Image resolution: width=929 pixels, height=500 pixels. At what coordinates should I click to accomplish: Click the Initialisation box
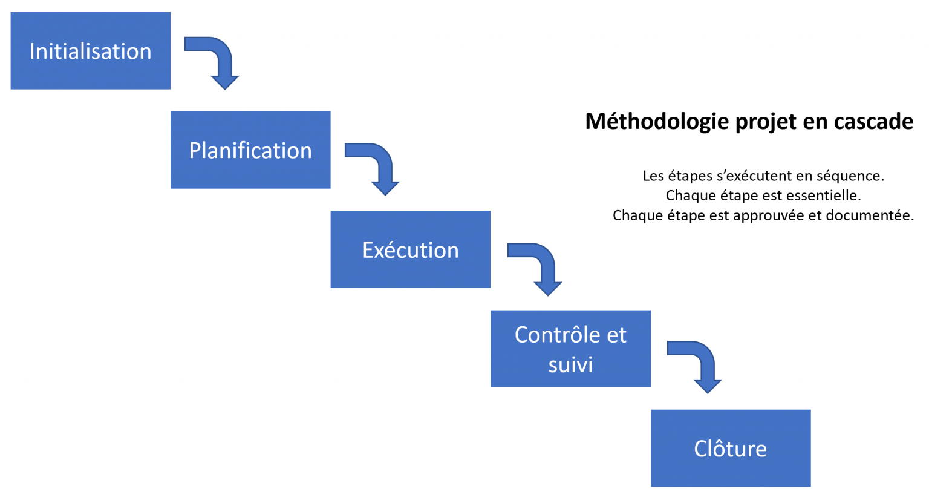(x=90, y=51)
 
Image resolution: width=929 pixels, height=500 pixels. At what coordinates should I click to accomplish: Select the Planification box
(x=250, y=150)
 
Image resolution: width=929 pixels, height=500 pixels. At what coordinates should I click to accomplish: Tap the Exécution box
(x=411, y=249)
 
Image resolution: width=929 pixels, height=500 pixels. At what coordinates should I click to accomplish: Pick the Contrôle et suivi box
(x=571, y=349)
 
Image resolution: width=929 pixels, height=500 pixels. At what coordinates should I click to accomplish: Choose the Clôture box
(x=731, y=448)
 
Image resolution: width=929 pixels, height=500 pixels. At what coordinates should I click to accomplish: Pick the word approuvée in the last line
(x=769, y=215)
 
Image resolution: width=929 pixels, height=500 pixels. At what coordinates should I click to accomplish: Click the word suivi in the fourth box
(x=571, y=365)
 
